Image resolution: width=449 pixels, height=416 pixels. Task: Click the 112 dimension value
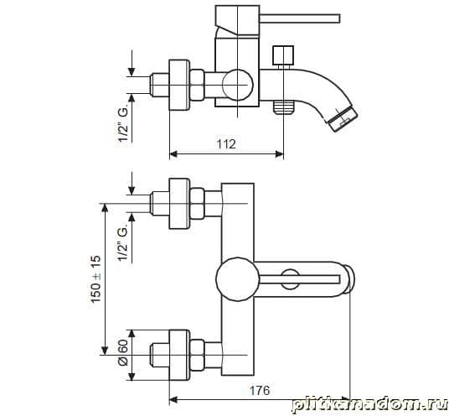click(226, 143)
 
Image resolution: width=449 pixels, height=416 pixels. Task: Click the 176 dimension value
click(260, 390)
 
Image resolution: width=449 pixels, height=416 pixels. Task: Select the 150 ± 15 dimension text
click(96, 279)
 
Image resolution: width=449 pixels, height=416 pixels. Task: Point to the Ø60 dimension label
click(123, 352)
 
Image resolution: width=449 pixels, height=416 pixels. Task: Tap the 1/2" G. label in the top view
click(124, 125)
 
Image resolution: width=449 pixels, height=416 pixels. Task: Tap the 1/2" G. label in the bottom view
click(124, 244)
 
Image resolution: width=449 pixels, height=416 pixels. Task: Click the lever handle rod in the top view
click(300, 18)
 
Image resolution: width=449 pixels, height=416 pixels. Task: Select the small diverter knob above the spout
click(283, 55)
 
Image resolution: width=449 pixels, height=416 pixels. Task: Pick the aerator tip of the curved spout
click(343, 119)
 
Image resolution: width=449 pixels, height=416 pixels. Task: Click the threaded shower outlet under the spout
click(283, 107)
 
